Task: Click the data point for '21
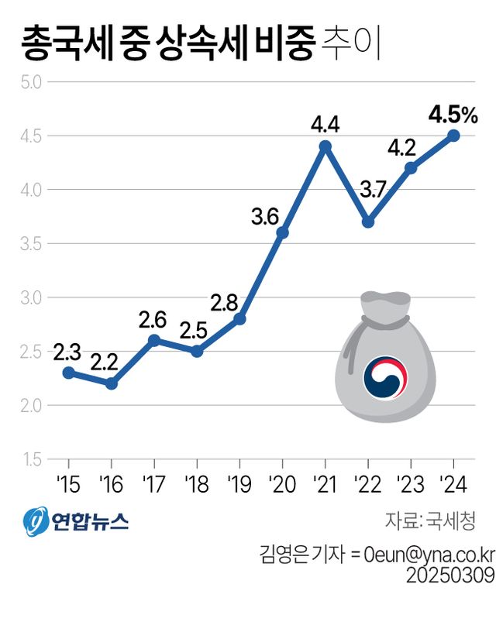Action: (325, 146)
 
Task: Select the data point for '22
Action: (368, 222)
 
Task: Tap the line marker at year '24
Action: (454, 136)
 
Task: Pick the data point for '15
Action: (68, 373)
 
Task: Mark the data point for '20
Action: (282, 232)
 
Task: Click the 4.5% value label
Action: (453, 116)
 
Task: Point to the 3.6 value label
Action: (264, 218)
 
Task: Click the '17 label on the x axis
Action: (153, 486)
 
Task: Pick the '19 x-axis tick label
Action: (239, 486)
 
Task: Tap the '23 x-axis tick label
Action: (411, 486)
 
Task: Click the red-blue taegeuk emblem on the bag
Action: (385, 378)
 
